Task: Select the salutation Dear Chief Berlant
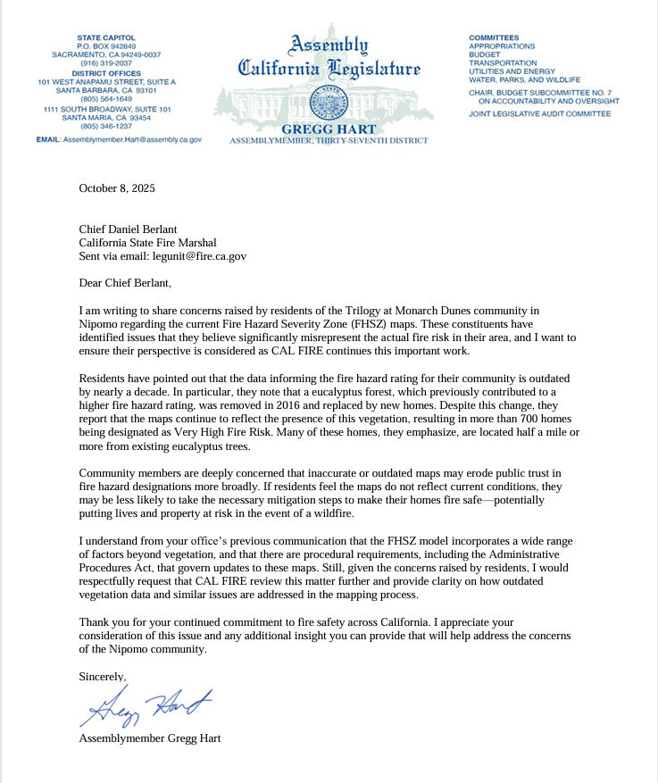tap(124, 283)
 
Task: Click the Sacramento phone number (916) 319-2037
tap(107, 63)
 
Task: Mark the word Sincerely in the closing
tap(103, 677)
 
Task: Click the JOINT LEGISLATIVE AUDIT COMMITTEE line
tap(539, 114)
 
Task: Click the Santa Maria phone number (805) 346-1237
tap(107, 126)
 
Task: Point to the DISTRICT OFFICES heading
tap(107, 72)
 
